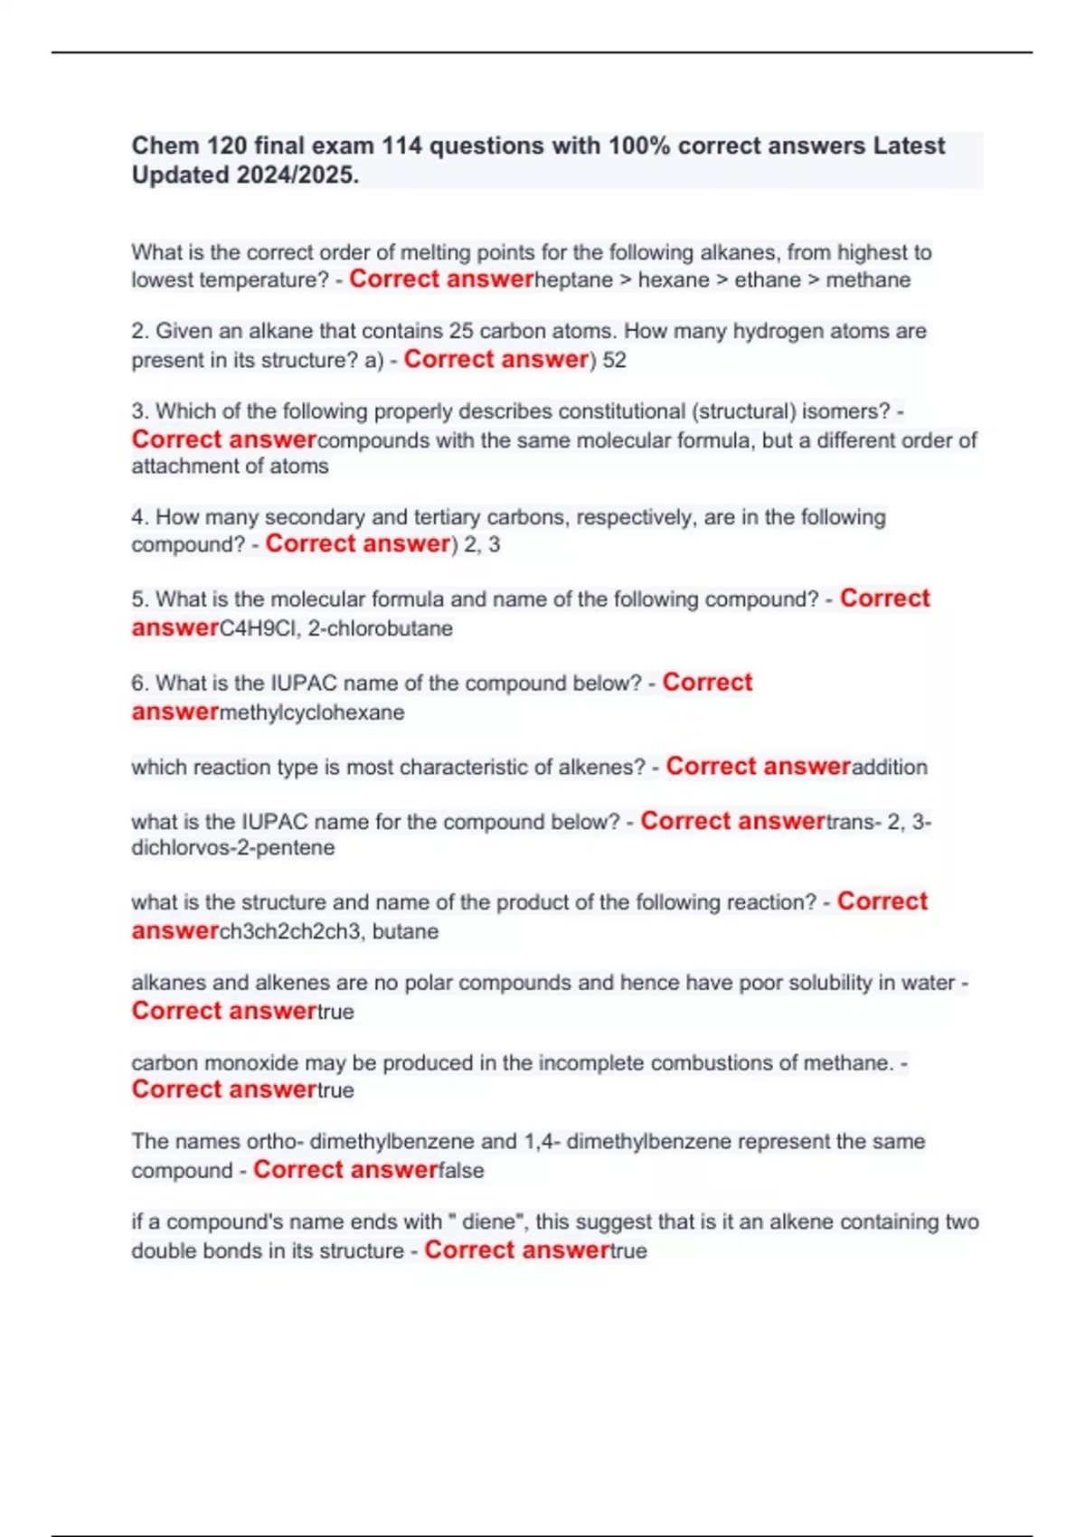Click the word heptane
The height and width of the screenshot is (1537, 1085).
[x=573, y=280]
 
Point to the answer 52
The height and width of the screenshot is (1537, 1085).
[x=615, y=360]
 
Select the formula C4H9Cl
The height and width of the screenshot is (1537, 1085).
[x=259, y=628]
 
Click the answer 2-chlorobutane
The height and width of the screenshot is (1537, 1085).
[x=381, y=628]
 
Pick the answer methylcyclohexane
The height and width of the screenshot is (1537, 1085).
[x=312, y=712]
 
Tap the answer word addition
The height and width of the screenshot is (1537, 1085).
[x=890, y=768]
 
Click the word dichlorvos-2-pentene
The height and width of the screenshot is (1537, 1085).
[x=233, y=848]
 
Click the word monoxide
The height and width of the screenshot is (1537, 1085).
[x=248, y=1063]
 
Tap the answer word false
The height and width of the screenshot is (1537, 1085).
[x=461, y=1171]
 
